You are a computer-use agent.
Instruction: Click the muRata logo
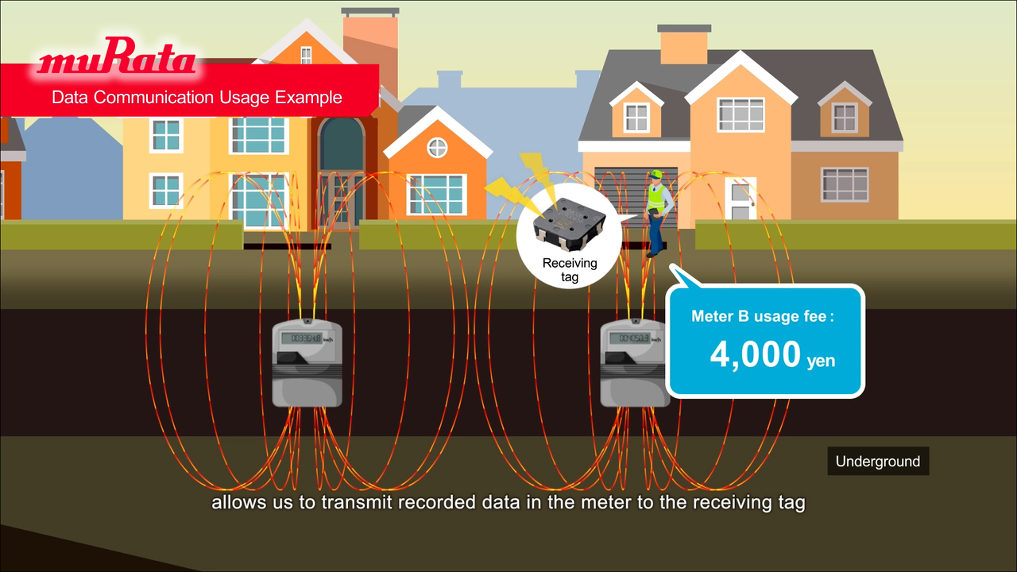pyautogui.click(x=117, y=60)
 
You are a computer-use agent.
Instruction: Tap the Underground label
pyautogui.click(x=878, y=462)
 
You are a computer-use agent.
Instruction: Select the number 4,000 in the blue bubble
pyautogui.click(x=755, y=354)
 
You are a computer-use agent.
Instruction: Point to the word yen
pyautogui.click(x=821, y=361)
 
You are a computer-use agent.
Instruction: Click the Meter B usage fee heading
pyautogui.click(x=763, y=316)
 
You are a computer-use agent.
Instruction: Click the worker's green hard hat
pyautogui.click(x=656, y=174)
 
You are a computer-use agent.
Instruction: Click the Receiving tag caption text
pyautogui.click(x=569, y=270)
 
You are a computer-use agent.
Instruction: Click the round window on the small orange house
pyautogui.click(x=437, y=147)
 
